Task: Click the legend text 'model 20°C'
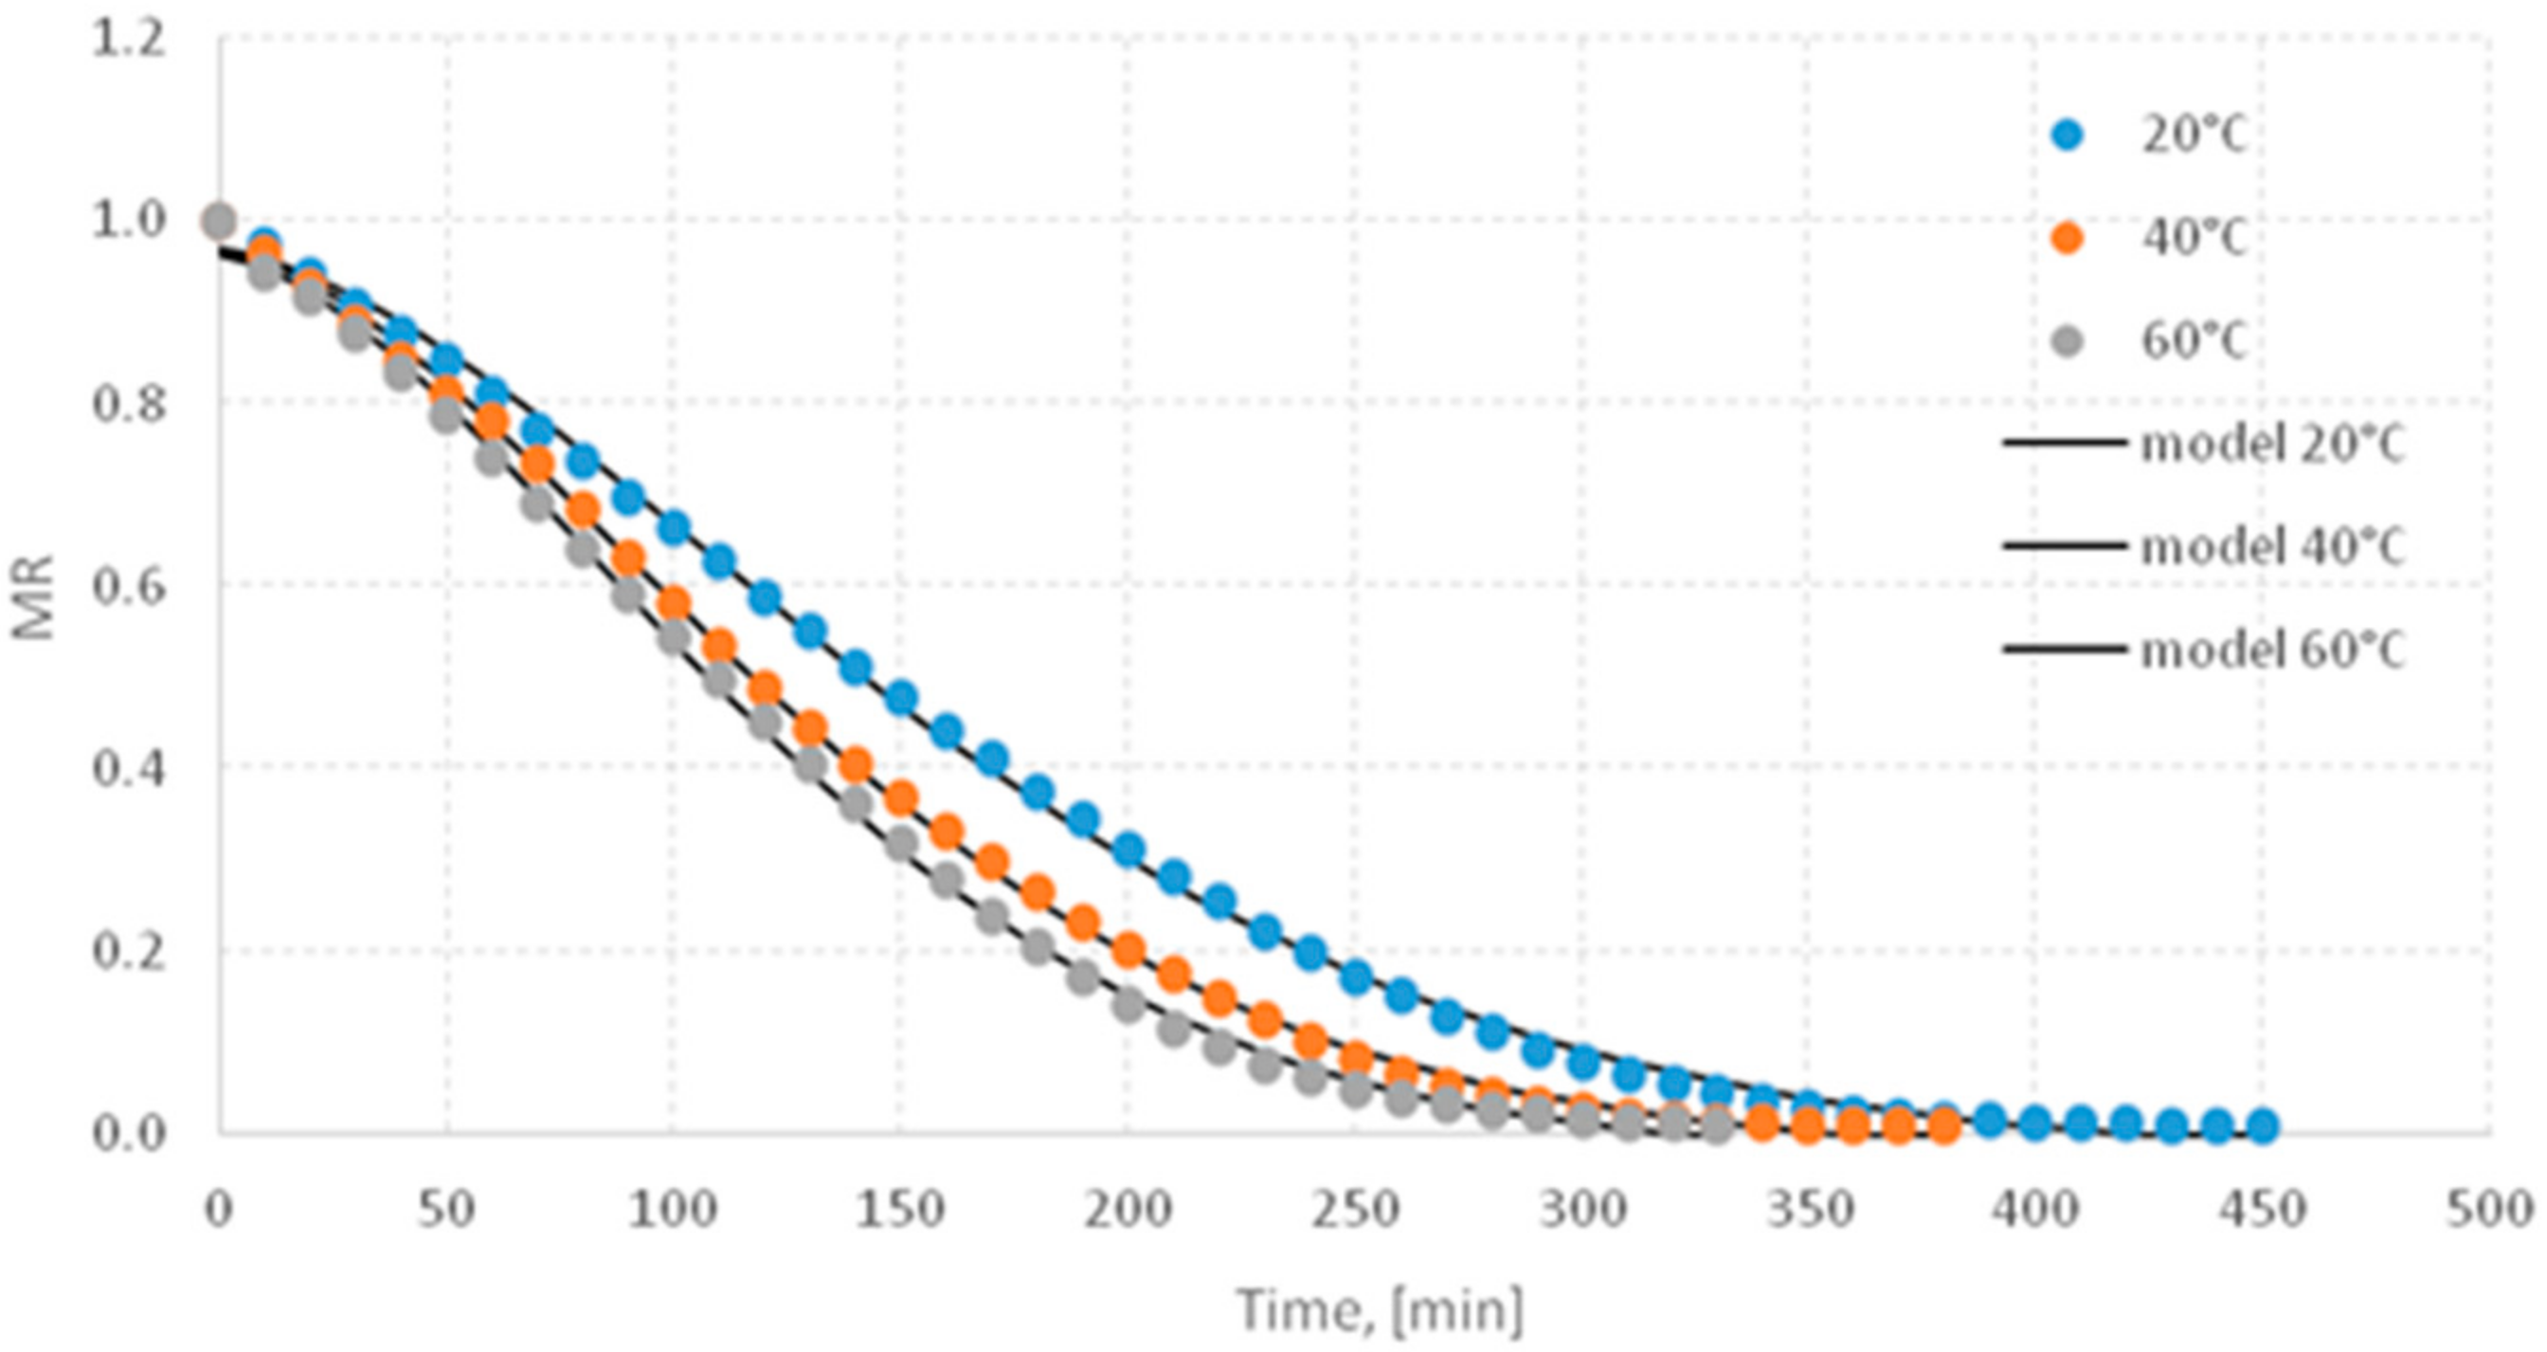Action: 2272,446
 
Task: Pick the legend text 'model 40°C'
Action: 2272,547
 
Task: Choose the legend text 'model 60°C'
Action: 2272,650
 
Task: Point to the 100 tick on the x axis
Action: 674,1211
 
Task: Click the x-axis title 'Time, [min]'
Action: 1381,1310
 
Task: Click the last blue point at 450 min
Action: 2264,1124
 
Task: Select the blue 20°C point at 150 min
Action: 901,697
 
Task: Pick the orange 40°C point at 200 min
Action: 1129,950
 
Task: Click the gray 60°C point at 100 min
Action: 674,636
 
